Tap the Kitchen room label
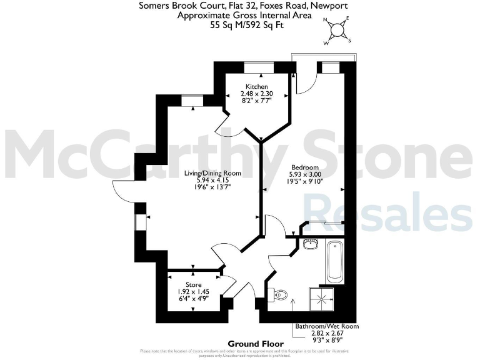coord(256,87)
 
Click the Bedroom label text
coord(304,167)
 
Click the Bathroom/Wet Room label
coord(327,326)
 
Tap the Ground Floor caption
coord(256,344)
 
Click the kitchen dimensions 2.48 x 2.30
coord(256,94)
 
